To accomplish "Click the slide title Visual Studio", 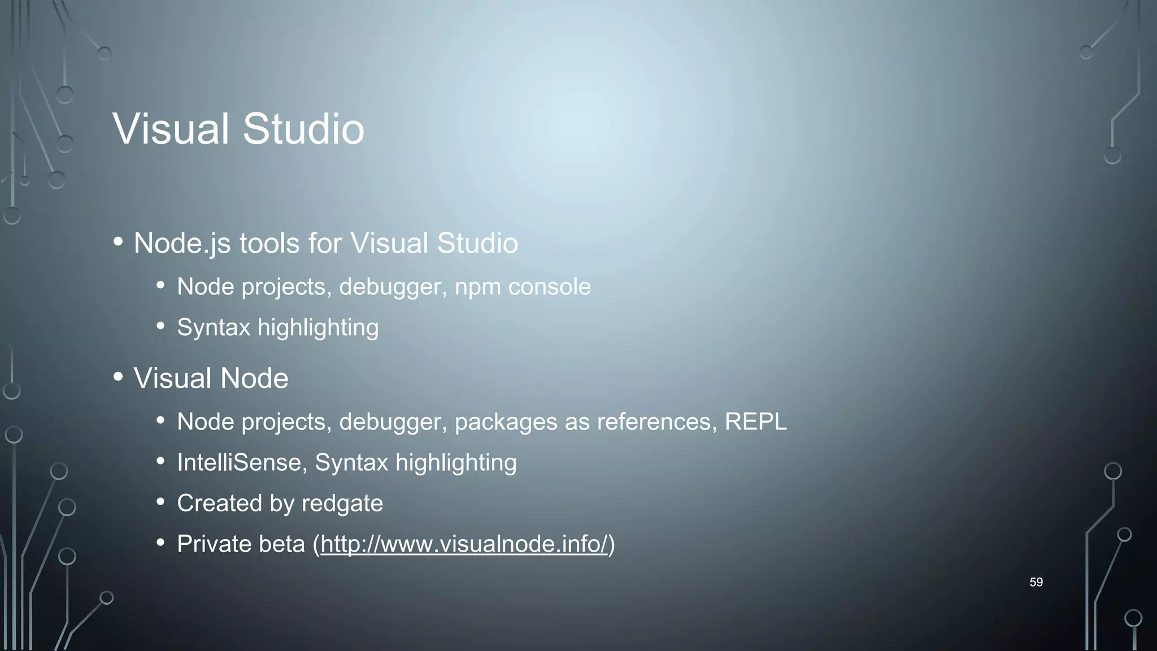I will point(238,129).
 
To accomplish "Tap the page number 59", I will point(1036,582).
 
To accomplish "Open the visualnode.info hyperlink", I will point(464,544).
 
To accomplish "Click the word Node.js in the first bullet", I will point(182,244).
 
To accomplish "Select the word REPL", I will point(755,422).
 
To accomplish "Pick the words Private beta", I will point(241,544).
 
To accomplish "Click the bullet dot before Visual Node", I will point(118,376).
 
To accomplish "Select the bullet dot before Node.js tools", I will point(118,241).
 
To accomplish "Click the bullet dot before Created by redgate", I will point(161,502).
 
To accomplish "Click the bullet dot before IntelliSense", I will point(161,461).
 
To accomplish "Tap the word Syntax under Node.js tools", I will point(213,327).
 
